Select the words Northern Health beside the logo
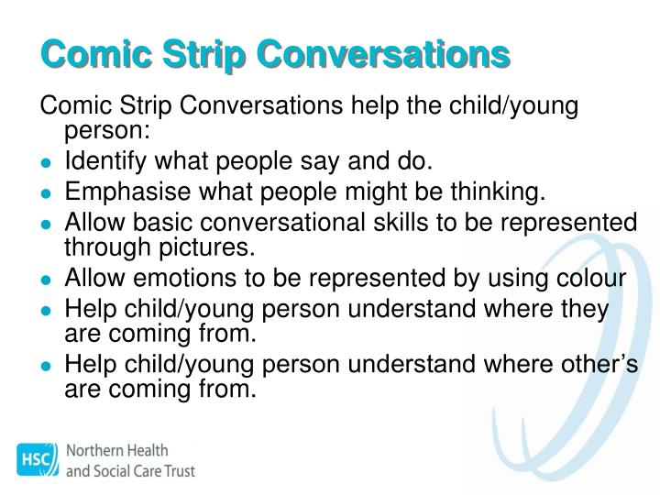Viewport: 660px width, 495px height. [x=116, y=451]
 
